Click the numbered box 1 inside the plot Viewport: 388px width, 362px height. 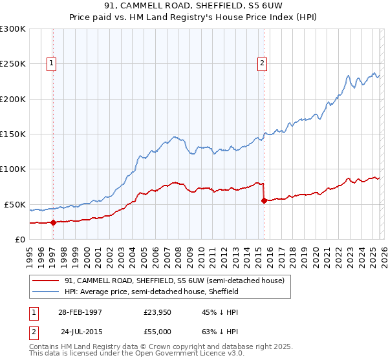51,63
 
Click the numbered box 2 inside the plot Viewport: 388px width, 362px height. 262,63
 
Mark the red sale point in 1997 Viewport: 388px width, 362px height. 54,222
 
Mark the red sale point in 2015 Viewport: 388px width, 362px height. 264,201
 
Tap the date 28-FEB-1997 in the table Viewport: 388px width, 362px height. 80,312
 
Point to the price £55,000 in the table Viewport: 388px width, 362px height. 157,331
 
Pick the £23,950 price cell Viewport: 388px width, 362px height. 157,312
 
